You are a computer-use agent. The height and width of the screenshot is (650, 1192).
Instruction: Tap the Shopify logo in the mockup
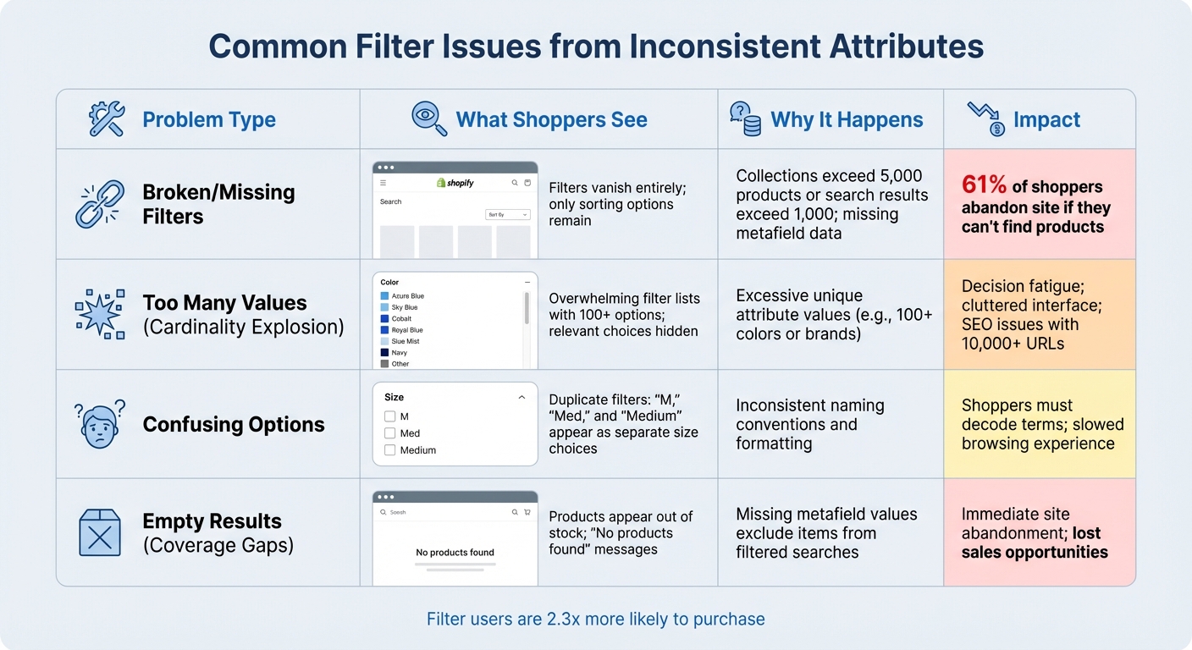455,183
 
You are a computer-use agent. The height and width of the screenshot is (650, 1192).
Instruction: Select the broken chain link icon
100,204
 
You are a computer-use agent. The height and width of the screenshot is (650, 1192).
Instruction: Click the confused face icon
100,423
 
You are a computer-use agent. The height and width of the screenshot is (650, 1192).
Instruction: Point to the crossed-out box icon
100,532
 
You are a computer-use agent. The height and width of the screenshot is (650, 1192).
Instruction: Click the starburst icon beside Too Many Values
100,314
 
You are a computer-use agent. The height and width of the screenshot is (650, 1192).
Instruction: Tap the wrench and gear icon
107,119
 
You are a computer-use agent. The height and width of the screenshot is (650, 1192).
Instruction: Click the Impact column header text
1046,120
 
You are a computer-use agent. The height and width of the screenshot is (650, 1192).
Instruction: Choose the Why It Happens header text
847,120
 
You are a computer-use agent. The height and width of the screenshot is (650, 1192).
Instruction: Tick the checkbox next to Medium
390,450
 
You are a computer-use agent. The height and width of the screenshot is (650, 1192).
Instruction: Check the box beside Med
390,433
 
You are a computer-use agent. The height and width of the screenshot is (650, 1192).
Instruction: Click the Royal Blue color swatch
384,330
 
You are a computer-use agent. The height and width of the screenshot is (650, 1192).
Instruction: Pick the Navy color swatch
384,352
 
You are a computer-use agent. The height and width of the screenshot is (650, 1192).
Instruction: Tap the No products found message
455,553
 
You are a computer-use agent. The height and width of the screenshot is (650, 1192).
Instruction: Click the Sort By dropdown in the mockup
508,215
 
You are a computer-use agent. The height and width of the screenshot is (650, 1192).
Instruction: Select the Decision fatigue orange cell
1039,315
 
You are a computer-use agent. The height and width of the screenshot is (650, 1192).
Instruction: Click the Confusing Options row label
234,425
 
